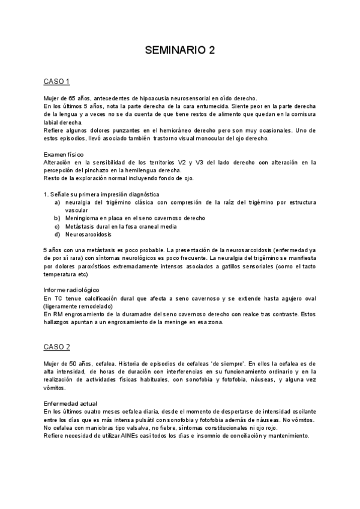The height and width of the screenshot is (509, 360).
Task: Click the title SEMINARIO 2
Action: coord(179,52)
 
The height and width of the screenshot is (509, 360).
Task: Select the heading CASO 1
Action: coord(57,81)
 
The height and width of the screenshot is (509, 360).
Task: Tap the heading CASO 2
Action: coord(57,348)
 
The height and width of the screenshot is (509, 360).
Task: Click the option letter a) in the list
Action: coord(57,202)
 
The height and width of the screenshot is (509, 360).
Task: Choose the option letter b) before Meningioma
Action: coord(57,218)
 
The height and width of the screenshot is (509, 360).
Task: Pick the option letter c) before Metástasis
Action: coord(57,226)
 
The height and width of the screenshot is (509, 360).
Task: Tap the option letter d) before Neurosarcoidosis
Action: coord(57,235)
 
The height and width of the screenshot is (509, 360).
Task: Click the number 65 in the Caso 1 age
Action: coord(72,98)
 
